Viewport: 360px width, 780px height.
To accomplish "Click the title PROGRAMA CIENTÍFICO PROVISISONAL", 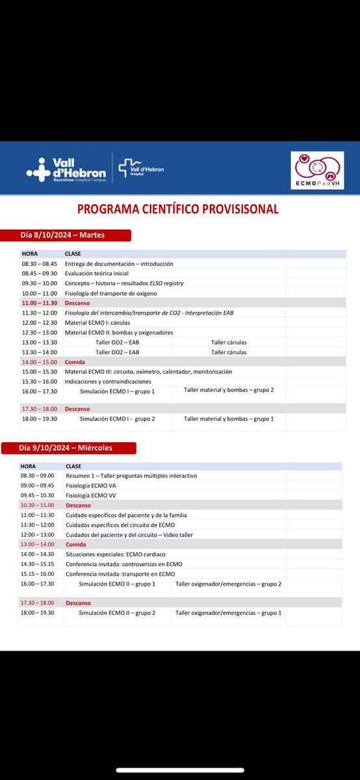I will [x=178, y=209].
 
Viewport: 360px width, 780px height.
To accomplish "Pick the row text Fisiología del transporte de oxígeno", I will [x=111, y=293].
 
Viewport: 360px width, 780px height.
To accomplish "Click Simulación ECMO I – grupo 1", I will [x=117, y=391].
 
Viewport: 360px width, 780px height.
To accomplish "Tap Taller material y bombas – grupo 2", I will [x=229, y=390].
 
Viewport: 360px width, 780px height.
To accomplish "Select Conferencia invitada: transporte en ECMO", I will [x=120, y=574].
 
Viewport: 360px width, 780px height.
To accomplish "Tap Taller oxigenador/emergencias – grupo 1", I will [x=228, y=613].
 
